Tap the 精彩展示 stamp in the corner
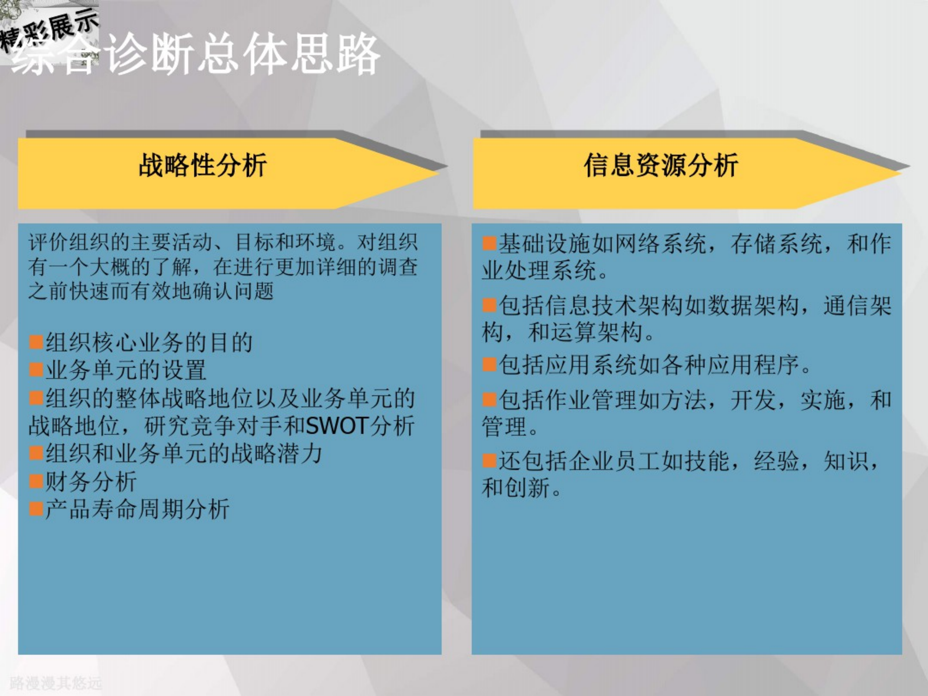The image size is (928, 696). pyautogui.click(x=50, y=32)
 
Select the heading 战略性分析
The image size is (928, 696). pyautogui.click(x=203, y=165)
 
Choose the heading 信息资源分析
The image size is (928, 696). pyautogui.click(x=661, y=165)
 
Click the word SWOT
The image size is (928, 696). pyautogui.click(x=337, y=426)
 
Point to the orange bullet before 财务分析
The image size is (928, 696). pyautogui.click(x=36, y=480)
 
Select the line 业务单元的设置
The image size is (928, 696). pyautogui.click(x=125, y=370)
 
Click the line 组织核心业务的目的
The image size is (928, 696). pyautogui.click(x=149, y=342)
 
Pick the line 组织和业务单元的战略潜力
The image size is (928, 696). pyautogui.click(x=183, y=453)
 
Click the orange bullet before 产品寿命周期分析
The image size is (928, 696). pyautogui.click(x=36, y=508)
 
